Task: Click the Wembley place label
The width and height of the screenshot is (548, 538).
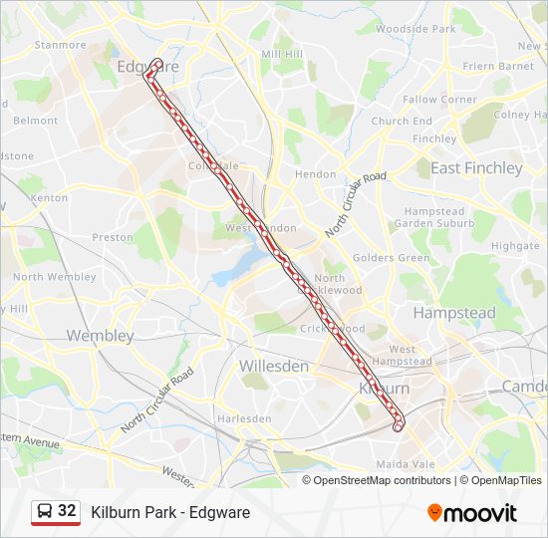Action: (100, 336)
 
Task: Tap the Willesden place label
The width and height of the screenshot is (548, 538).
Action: (273, 366)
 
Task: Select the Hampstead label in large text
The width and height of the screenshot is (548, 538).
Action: (454, 313)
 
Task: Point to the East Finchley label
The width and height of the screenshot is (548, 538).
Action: (476, 168)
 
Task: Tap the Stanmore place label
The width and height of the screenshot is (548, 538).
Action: (61, 45)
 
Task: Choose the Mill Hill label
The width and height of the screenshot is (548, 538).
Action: (281, 54)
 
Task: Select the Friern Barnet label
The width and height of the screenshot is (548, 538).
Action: (499, 67)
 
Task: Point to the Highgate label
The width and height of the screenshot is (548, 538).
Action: (515, 246)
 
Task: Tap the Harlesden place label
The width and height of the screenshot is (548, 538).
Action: (244, 418)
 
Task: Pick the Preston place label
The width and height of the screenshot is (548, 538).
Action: (113, 237)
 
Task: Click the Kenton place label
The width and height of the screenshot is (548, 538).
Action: (50, 198)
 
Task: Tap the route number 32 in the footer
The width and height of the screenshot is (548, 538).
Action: (67, 511)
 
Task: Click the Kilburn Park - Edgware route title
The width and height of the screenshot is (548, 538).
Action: (170, 512)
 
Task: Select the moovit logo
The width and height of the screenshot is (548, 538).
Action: (472, 512)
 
